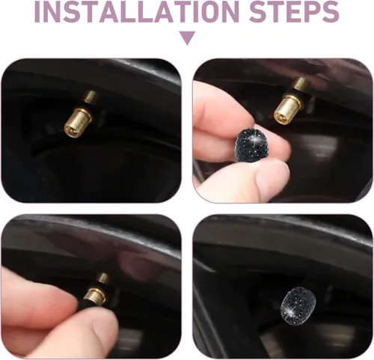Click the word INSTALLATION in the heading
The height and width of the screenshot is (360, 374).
coord(136,11)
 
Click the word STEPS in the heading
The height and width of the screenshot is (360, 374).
coord(294,11)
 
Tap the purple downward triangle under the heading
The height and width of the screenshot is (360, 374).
coord(187,38)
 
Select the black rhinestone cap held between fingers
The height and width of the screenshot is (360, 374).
coord(250,144)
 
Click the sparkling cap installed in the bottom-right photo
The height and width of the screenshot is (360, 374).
coord(295,306)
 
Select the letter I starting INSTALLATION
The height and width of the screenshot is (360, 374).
coord(37,11)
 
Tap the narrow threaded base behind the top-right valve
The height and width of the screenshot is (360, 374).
coord(300,83)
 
